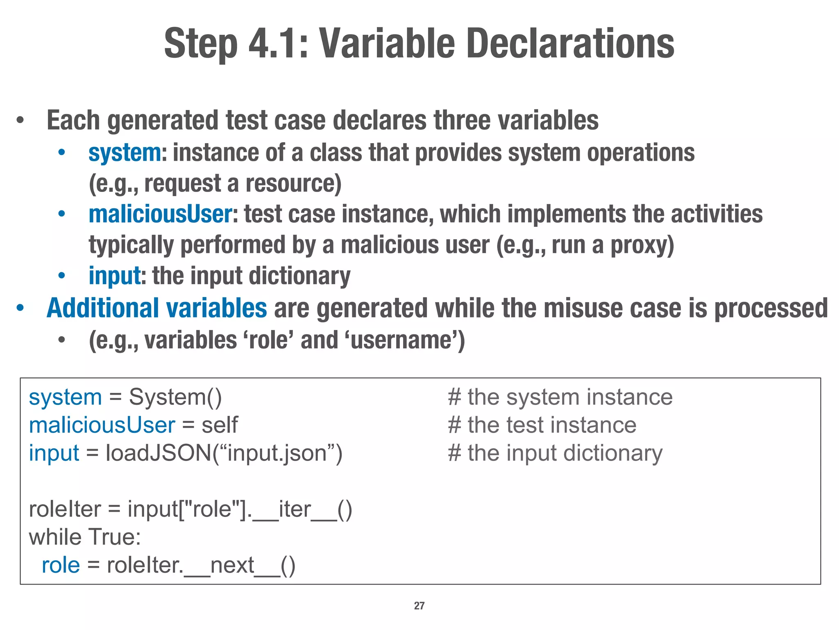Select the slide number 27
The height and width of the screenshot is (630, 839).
click(419, 606)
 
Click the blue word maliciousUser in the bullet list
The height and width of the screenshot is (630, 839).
click(161, 214)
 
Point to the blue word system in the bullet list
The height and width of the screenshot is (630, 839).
click(125, 153)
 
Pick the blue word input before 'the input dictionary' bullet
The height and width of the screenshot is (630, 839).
click(115, 276)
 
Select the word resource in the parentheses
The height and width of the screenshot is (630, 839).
click(293, 183)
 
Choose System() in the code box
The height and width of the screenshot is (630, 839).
click(175, 397)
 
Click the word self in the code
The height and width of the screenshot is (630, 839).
click(219, 425)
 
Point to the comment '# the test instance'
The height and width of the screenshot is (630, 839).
click(542, 425)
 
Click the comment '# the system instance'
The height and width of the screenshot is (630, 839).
click(560, 397)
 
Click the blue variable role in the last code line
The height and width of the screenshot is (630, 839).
click(61, 565)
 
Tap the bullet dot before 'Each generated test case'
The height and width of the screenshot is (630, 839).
click(20, 121)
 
